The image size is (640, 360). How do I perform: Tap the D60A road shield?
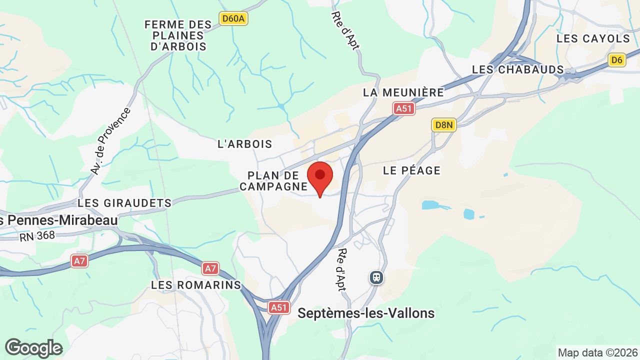click(234, 19)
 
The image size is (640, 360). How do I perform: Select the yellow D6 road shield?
click(617, 60)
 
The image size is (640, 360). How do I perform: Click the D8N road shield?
click(444, 124)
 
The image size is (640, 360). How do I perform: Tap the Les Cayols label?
click(593, 38)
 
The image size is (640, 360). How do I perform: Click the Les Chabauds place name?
click(518, 69)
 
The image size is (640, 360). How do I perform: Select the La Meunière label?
click(403, 92)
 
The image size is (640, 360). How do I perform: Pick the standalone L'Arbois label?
click(245, 144)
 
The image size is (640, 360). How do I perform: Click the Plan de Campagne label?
click(273, 181)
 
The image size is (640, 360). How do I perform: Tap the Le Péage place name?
click(412, 170)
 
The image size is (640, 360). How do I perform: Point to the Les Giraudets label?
click(124, 203)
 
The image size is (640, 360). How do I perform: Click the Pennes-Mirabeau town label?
click(59, 220)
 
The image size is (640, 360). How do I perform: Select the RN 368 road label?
click(37, 236)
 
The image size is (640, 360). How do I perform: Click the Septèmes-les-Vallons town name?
click(366, 313)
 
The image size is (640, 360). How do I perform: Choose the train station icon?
click(376, 277)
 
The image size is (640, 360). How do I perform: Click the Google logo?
click(33, 348)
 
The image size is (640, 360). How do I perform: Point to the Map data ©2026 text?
click(597, 352)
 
